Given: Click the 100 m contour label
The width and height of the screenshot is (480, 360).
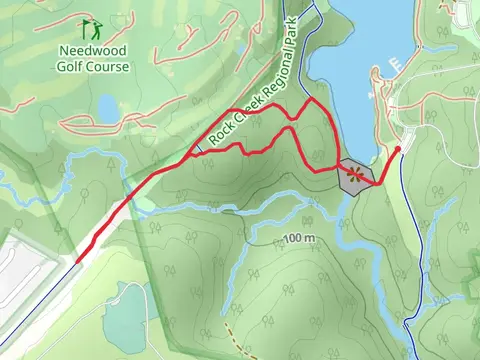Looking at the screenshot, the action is click(x=299, y=239).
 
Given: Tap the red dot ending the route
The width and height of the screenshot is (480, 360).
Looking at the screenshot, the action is click(x=398, y=149).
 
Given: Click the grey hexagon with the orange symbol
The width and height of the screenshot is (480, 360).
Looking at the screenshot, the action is click(x=355, y=175).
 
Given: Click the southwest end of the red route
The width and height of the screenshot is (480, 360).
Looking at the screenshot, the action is click(x=78, y=261).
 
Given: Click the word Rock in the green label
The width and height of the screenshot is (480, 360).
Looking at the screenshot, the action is click(x=218, y=137).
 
